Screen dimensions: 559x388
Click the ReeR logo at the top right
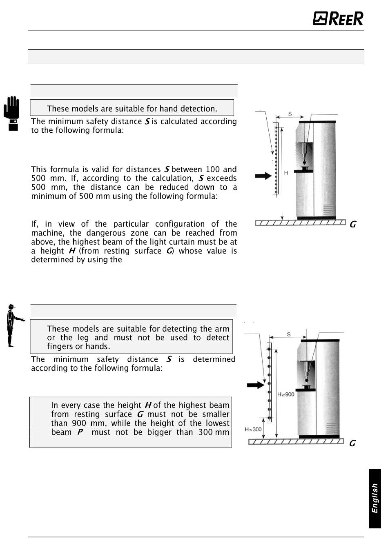pyautogui.click(x=338, y=18)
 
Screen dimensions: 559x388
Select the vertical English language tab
pyautogui.click(x=375, y=499)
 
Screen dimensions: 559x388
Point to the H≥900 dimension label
pyautogui.click(x=286, y=394)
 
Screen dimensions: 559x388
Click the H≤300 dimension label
pyautogui.click(x=253, y=429)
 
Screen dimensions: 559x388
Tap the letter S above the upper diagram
pyautogui.click(x=290, y=114)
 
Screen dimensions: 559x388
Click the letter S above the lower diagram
pyautogui.click(x=289, y=334)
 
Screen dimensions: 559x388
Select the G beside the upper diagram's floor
pyautogui.click(x=353, y=224)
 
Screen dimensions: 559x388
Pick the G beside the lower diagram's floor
pyautogui.click(x=352, y=443)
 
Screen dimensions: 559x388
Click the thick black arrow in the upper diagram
pyautogui.click(x=263, y=176)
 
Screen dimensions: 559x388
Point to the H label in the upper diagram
pyautogui.click(x=286, y=173)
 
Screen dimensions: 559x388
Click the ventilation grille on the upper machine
pyautogui.click(x=328, y=209)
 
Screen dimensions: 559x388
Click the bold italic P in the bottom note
pyautogui.click(x=80, y=432)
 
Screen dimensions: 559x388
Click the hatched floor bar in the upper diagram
pyautogui.click(x=300, y=223)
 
